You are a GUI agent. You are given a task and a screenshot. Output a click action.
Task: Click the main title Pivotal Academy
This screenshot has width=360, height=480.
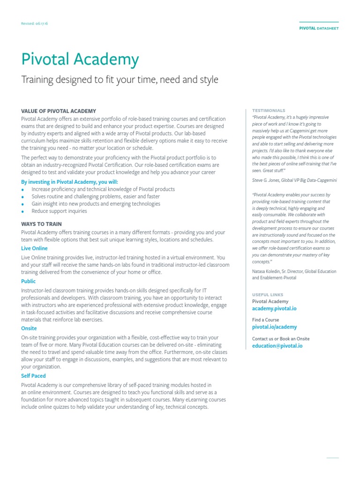point(80,60)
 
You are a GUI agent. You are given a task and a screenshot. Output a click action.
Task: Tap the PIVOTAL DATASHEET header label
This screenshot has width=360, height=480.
point(319,28)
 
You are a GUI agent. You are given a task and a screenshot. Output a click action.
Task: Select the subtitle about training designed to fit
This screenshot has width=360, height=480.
point(120,80)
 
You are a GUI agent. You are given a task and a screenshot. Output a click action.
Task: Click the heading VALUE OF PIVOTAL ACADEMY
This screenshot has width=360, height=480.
point(59,111)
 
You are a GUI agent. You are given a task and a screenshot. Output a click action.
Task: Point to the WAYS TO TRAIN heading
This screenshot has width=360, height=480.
point(41,224)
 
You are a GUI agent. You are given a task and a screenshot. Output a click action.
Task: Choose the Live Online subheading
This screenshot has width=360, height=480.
point(34,248)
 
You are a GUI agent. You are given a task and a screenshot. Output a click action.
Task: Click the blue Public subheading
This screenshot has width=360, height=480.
point(28,281)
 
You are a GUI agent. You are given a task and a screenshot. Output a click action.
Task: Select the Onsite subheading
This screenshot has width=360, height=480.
point(29,328)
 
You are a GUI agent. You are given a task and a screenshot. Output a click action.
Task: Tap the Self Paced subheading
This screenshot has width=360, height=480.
point(33,375)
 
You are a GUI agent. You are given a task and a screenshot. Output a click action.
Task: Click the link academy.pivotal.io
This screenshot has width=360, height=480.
point(274,309)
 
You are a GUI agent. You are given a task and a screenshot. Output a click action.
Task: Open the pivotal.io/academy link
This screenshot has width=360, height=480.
point(274,327)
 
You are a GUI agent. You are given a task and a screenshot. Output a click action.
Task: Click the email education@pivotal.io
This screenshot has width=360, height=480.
point(277,346)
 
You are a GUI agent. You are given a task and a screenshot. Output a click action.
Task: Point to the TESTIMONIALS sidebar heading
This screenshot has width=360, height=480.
point(269,111)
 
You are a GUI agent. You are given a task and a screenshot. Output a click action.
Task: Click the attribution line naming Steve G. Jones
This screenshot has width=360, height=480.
point(294,180)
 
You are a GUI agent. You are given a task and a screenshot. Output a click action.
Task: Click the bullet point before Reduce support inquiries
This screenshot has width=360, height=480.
point(23,211)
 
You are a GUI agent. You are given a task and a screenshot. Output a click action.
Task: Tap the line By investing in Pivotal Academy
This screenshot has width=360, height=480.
point(70,181)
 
